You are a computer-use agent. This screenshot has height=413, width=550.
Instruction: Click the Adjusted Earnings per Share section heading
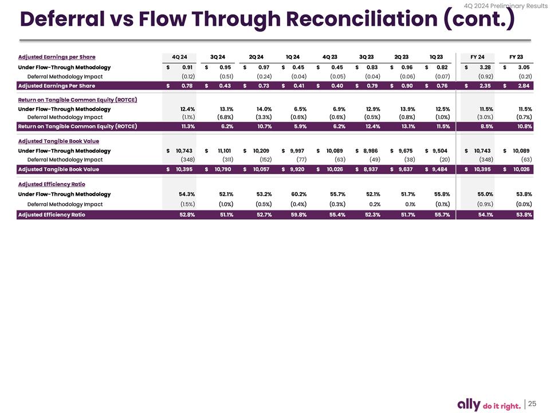(x=57, y=57)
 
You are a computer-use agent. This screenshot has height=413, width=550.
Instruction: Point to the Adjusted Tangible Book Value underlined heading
(x=58, y=141)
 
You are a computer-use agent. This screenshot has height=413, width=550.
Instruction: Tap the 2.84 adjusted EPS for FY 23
(x=524, y=86)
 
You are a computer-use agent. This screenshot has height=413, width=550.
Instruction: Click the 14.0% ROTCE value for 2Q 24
(x=264, y=109)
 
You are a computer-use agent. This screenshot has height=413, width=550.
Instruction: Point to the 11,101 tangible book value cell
(x=223, y=151)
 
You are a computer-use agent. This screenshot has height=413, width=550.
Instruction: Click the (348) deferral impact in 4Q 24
(x=187, y=159)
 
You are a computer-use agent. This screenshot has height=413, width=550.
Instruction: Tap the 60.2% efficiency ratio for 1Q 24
(x=298, y=194)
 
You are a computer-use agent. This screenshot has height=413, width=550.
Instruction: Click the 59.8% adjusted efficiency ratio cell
(x=298, y=215)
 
